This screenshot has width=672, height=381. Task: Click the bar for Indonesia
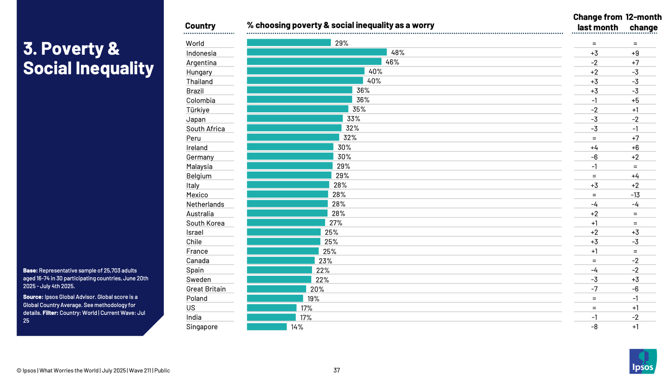pyautogui.click(x=316, y=53)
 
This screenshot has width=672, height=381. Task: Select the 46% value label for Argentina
pyautogui.click(x=392, y=62)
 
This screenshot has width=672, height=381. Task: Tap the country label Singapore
pyautogui.click(x=202, y=327)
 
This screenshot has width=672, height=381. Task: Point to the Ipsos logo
pyautogui.click(x=642, y=361)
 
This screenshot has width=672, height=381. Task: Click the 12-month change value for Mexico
pyautogui.click(x=635, y=195)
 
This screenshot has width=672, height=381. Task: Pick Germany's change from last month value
pyautogui.click(x=594, y=157)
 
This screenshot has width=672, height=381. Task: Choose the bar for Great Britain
pyautogui.click(x=277, y=289)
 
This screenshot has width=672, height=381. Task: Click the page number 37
pyautogui.click(x=336, y=370)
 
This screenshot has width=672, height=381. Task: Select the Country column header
pyautogui.click(x=200, y=26)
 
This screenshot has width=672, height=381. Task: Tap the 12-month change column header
pyautogui.click(x=643, y=22)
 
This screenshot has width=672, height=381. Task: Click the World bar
pyautogui.click(x=289, y=43)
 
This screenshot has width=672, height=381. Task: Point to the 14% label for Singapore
pyautogui.click(x=297, y=327)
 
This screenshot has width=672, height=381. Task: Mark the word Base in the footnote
pyautogui.click(x=30, y=271)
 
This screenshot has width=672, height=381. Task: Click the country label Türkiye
pyautogui.click(x=198, y=110)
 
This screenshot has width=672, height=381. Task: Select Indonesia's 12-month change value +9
pyautogui.click(x=635, y=53)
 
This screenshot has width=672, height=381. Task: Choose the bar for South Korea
pyautogui.click(x=286, y=223)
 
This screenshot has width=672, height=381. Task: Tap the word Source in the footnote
pyautogui.click(x=33, y=297)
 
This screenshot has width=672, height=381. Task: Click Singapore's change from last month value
pyautogui.click(x=594, y=327)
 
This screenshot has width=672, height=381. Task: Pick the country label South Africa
pyautogui.click(x=205, y=129)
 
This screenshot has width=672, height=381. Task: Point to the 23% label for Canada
pyautogui.click(x=325, y=261)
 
